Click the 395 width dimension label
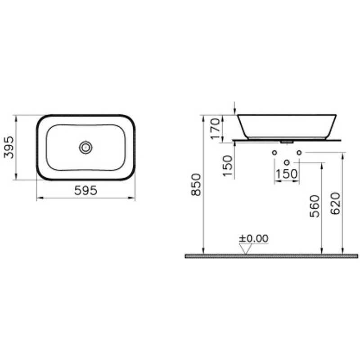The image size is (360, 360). coord(9,148)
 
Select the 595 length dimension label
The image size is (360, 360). coord(85,190)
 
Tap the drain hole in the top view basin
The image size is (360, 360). coord(86,147)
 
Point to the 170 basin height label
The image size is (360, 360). coord(216,129)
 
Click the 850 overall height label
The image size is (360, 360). coord(196,184)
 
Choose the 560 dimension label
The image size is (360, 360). coord(315,206)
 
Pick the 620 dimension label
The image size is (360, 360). coord(335,204)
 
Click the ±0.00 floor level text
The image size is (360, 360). coord(253,238)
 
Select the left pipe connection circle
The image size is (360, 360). coord(274,153)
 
